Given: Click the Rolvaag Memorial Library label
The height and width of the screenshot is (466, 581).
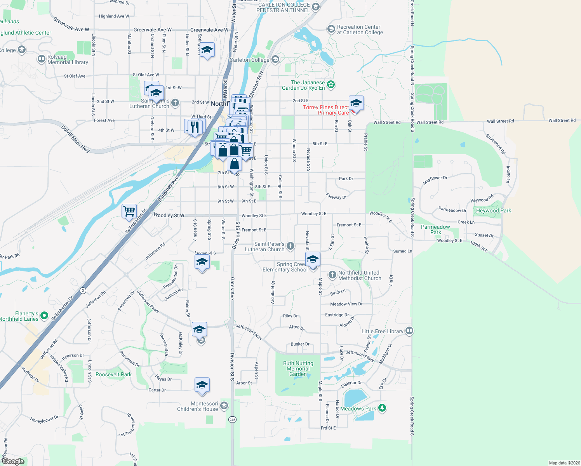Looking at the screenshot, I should click(68, 59).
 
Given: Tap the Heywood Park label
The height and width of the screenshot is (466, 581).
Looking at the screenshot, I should click(494, 210).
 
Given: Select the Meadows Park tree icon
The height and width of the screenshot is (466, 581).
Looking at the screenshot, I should click(382, 408).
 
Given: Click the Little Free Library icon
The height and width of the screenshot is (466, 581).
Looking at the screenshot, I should click(409, 331).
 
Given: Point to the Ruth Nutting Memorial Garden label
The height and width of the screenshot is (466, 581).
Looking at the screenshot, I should click(298, 369).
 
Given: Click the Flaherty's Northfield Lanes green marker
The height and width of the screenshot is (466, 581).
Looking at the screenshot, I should click(44, 315).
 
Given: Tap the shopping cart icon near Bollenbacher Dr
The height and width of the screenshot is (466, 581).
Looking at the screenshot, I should click(129, 211).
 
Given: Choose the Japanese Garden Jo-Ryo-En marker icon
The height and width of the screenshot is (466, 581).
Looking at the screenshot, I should click(331, 85).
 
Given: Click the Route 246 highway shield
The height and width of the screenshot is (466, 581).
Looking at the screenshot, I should click(232, 419).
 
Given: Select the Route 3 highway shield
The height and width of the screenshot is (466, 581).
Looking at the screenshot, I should click(82, 290).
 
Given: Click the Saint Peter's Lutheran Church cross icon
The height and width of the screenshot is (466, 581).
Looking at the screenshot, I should click(290, 246).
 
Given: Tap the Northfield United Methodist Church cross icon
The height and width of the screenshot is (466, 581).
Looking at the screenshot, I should click(332, 275).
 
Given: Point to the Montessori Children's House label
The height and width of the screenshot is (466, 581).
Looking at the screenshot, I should click(197, 406).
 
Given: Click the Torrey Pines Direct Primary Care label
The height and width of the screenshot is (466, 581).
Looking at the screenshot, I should click(326, 110).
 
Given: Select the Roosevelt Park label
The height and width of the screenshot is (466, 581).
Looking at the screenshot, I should click(113, 374).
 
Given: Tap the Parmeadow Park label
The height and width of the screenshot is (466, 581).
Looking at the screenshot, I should click(435, 230).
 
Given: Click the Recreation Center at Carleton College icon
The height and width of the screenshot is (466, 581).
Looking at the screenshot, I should click(331, 29).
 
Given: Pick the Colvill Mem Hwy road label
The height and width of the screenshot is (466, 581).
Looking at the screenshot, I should click(75, 139).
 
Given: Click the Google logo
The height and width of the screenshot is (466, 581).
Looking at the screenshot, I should click(13, 461).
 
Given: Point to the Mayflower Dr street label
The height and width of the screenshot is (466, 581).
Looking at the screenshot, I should click(435, 180).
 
